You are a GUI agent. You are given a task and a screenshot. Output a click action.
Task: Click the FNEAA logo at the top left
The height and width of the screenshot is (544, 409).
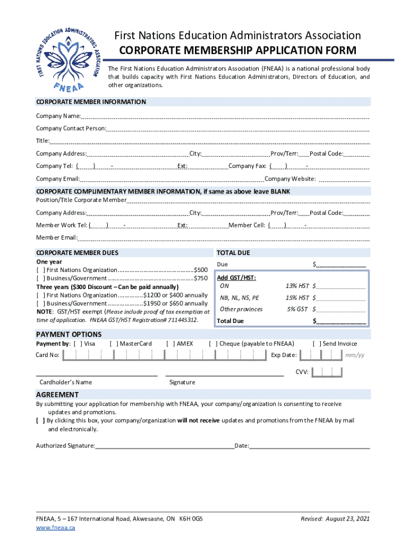point(65,56)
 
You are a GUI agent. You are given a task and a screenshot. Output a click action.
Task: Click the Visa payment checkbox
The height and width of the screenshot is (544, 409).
point(78,344)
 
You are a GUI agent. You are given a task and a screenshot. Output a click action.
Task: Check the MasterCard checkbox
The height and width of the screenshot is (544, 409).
point(114,344)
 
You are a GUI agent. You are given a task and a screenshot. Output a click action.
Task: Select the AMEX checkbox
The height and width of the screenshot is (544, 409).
point(171,344)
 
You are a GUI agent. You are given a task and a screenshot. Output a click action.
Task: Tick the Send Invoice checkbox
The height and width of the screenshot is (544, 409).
point(317,344)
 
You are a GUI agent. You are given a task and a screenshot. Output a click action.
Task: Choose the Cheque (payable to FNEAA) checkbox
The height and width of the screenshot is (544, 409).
point(213,344)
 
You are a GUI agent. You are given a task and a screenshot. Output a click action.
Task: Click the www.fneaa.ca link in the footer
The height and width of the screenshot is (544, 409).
point(55,528)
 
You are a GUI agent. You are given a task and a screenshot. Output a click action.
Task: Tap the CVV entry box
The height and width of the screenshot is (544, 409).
point(323,372)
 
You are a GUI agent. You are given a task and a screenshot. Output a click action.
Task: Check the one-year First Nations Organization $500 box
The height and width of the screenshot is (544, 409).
point(40,270)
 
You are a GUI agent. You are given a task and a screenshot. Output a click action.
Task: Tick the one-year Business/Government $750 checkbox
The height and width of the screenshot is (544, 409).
point(40,278)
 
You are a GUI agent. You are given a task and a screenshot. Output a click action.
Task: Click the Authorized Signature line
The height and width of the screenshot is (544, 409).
point(165,445)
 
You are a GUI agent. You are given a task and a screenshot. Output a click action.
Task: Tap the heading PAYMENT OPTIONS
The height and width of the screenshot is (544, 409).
point(69,334)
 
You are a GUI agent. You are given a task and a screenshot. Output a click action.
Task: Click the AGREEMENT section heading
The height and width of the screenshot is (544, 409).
point(57,395)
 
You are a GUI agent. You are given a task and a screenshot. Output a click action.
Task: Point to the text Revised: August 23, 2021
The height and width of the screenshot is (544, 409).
point(335,518)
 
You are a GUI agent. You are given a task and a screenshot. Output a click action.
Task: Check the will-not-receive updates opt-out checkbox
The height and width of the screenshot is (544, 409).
point(40,420)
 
